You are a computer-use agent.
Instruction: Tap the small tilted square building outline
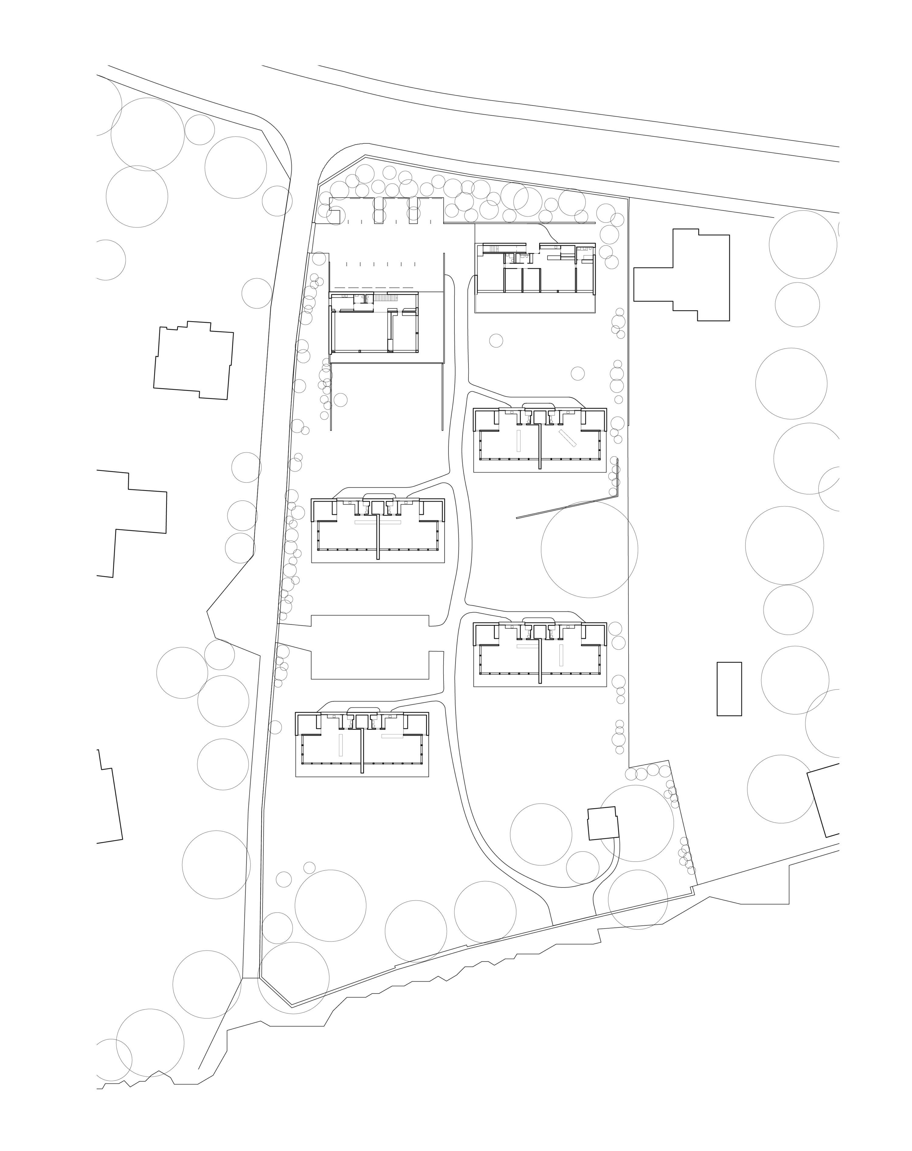[603, 823]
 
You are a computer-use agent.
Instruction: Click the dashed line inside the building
[374, 311]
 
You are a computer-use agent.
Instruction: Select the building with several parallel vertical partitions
[534, 277]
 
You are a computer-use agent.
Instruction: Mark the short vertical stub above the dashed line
[365, 298]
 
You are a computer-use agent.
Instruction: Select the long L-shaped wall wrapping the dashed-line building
[444, 331]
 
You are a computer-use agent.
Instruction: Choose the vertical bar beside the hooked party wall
[341, 744]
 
